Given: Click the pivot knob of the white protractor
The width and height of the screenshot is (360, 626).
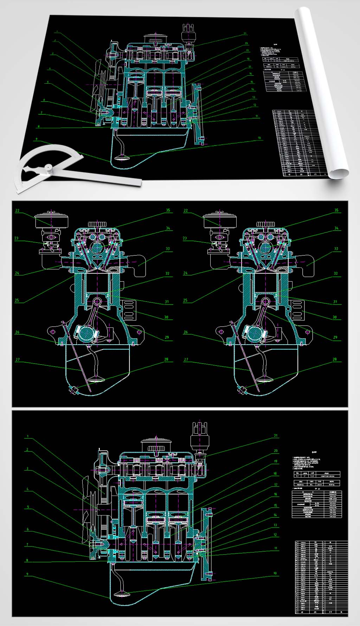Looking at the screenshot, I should click(x=49, y=168).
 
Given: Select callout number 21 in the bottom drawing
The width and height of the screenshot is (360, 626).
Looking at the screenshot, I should click(x=276, y=435).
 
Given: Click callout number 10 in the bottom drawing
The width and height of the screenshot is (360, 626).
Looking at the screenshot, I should click(x=275, y=573).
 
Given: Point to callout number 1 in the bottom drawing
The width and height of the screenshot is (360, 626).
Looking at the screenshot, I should click(x=27, y=437).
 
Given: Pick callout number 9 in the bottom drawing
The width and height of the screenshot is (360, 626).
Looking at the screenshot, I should click(x=27, y=574).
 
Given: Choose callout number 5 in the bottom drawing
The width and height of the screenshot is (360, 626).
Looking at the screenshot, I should click(x=28, y=507).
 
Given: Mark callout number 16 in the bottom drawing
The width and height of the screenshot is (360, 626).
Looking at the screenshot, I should click(x=276, y=494).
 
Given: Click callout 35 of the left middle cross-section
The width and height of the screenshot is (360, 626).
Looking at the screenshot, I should click(x=168, y=210).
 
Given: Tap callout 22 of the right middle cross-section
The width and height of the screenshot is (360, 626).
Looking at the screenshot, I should click(x=186, y=210).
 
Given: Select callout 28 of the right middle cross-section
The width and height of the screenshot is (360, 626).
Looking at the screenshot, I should click(x=335, y=359).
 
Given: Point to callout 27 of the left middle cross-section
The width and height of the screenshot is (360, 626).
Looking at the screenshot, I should click(x=18, y=359).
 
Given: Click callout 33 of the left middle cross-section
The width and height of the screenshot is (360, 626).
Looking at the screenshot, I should click(x=168, y=249).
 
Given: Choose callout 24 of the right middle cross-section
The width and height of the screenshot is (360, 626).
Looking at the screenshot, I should click(x=185, y=273).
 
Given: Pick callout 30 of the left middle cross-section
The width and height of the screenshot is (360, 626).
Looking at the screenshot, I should click(x=166, y=317).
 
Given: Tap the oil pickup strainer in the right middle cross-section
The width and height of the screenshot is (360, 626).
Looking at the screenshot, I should click(x=264, y=379).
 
